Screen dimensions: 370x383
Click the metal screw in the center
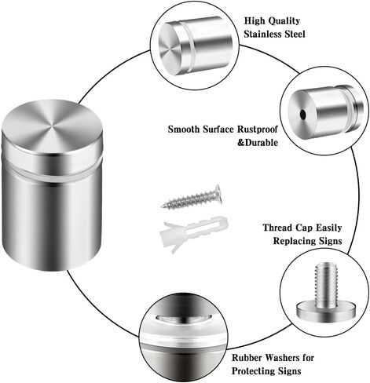pyautogui.click(x=192, y=198)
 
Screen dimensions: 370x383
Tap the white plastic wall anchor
pyautogui.click(x=194, y=232)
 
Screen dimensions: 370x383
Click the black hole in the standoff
pyautogui.click(x=303, y=114)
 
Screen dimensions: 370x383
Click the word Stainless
pyautogui.click(x=263, y=34)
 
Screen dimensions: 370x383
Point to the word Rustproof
pyautogui.click(x=258, y=129)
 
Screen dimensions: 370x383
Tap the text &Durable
pyautogui.click(x=258, y=143)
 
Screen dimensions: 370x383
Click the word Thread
pyautogui.click(x=277, y=228)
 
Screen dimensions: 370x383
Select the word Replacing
pyautogui.click(x=294, y=241)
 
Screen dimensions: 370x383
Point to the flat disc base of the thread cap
pyautogui.click(x=326, y=312)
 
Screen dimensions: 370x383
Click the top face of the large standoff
pyautogui.click(x=52, y=128)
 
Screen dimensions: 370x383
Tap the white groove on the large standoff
pyautogui.click(x=51, y=171)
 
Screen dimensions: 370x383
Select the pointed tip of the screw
pyautogui.click(x=162, y=206)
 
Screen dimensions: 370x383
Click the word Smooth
pyautogui.click(x=183, y=129)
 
